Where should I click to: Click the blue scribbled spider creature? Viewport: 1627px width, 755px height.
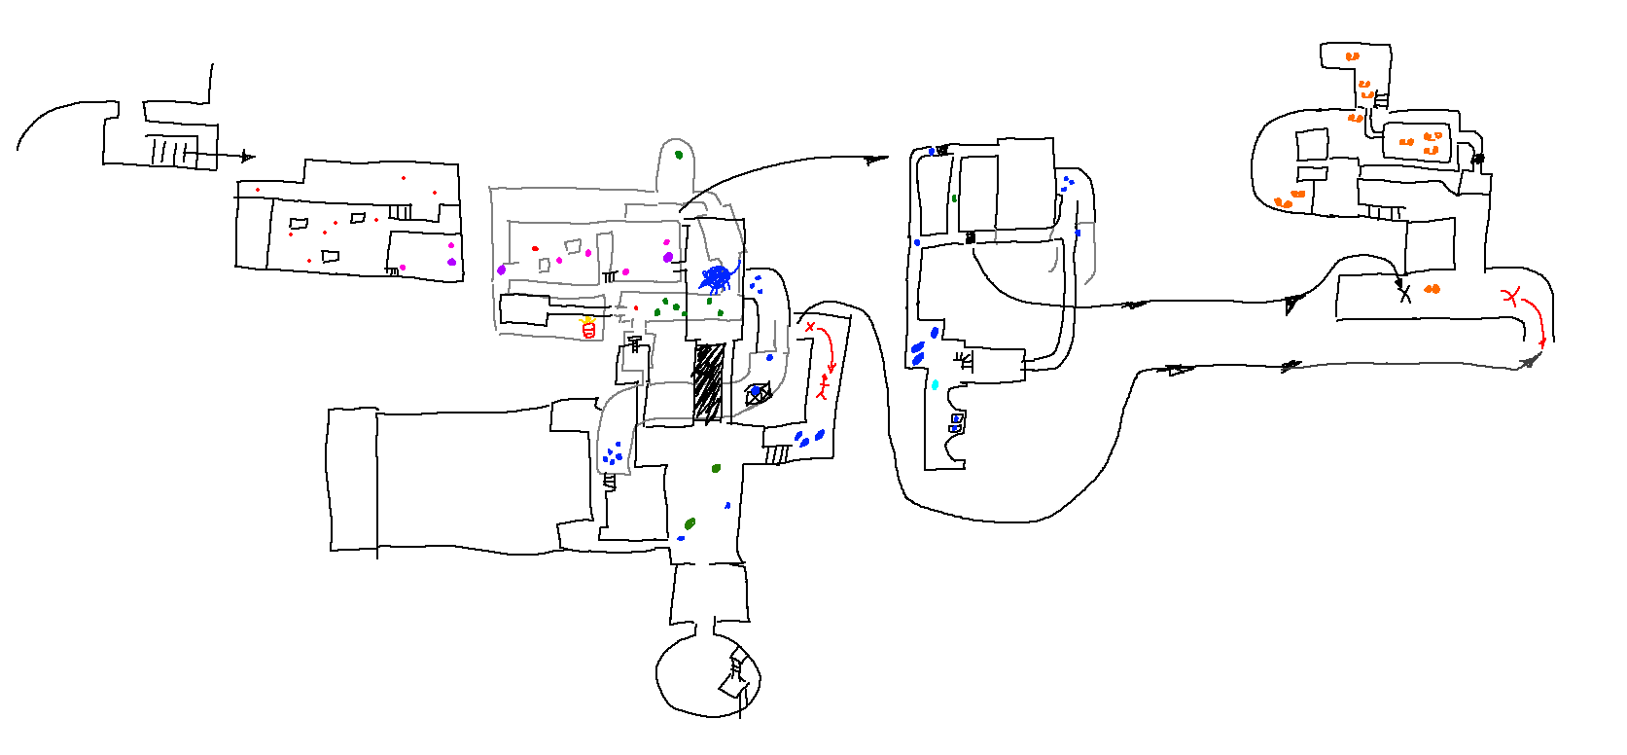[718, 278]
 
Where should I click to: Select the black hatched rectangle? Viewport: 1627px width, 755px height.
[709, 382]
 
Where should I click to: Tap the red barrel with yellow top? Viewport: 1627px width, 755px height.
[587, 329]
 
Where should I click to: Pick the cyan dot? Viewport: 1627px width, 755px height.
[936, 385]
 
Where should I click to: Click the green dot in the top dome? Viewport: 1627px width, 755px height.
[679, 155]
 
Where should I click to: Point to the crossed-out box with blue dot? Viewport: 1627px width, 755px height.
[758, 393]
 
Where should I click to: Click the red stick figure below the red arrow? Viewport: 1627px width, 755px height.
[824, 388]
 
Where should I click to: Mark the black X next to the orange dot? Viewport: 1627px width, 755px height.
[1404, 293]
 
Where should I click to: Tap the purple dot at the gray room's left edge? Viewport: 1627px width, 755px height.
[502, 270]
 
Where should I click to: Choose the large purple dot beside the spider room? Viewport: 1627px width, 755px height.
[668, 257]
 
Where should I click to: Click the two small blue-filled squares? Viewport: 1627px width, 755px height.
[956, 422]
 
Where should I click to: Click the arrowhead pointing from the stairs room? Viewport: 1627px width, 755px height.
[248, 156]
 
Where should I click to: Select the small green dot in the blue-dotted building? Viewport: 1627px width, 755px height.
[955, 198]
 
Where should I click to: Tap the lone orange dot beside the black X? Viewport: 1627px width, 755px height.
[1432, 289]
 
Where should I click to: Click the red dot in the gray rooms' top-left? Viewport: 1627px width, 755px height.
[535, 248]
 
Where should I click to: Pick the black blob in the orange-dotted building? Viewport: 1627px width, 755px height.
[1477, 158]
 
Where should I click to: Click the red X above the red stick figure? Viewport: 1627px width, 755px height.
[810, 327]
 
